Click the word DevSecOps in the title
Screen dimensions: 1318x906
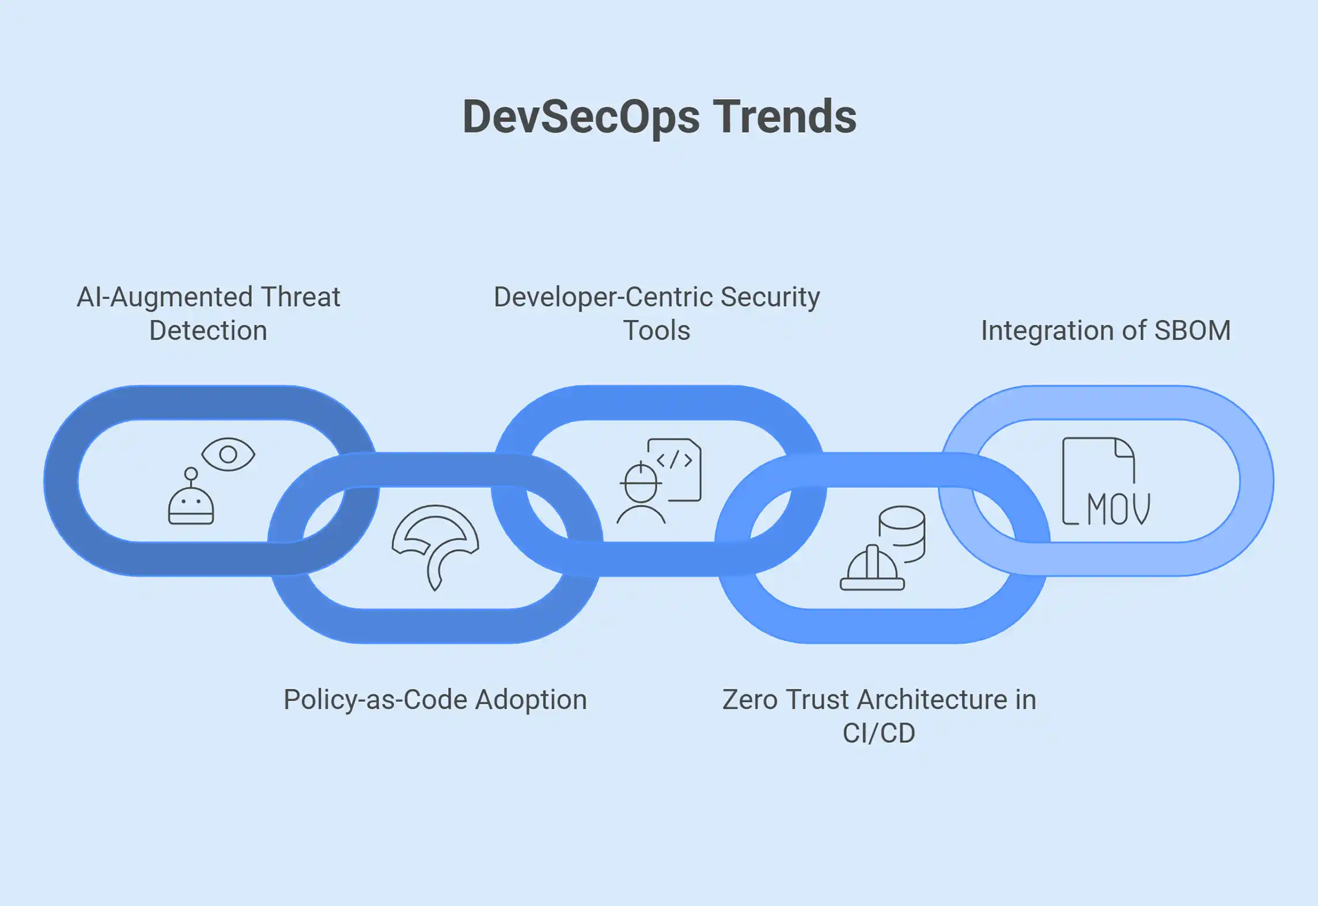[581, 118]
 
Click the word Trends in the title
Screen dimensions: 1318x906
[785, 116]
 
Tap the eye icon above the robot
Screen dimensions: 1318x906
[228, 454]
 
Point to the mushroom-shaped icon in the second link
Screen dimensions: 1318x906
[435, 547]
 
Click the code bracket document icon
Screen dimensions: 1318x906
[675, 470]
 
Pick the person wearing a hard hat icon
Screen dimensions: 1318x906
[641, 493]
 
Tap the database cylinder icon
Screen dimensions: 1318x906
[902, 534]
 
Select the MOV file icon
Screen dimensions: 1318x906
[1106, 481]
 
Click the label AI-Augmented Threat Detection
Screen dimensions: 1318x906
[209, 314]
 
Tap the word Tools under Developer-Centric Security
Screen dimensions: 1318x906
[657, 330]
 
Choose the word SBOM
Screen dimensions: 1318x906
[1192, 330]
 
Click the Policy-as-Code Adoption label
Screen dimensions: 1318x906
[435, 700]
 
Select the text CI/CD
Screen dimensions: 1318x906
[879, 733]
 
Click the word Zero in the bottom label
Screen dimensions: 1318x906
[751, 700]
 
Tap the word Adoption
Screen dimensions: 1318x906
[531, 700]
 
